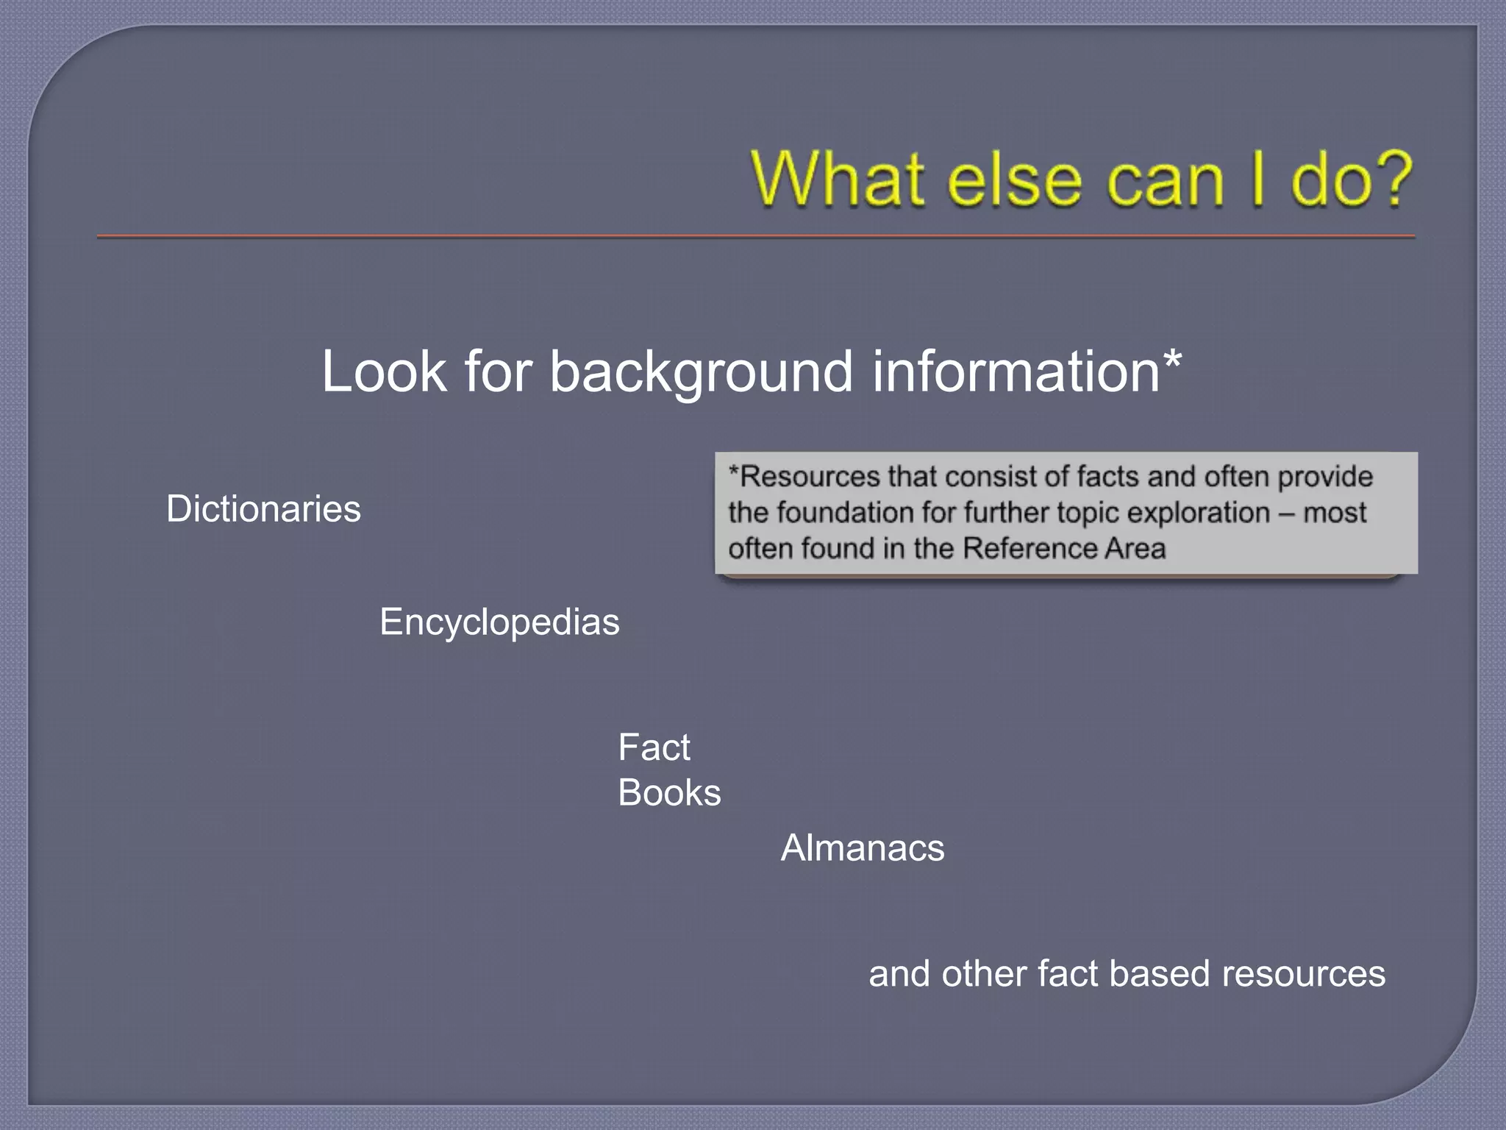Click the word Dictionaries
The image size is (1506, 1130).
pos(263,509)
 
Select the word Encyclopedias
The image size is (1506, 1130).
pos(499,622)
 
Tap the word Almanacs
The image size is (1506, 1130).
pos(862,848)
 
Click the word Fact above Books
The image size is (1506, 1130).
pos(654,748)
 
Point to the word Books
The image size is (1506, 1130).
pos(669,793)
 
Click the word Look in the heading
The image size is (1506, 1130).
pos(384,372)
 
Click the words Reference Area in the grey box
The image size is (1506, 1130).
pos(1064,549)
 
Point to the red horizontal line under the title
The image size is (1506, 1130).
pos(756,237)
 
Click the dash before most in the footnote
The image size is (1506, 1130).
pos(1286,514)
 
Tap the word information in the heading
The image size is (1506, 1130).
pos(1016,372)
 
